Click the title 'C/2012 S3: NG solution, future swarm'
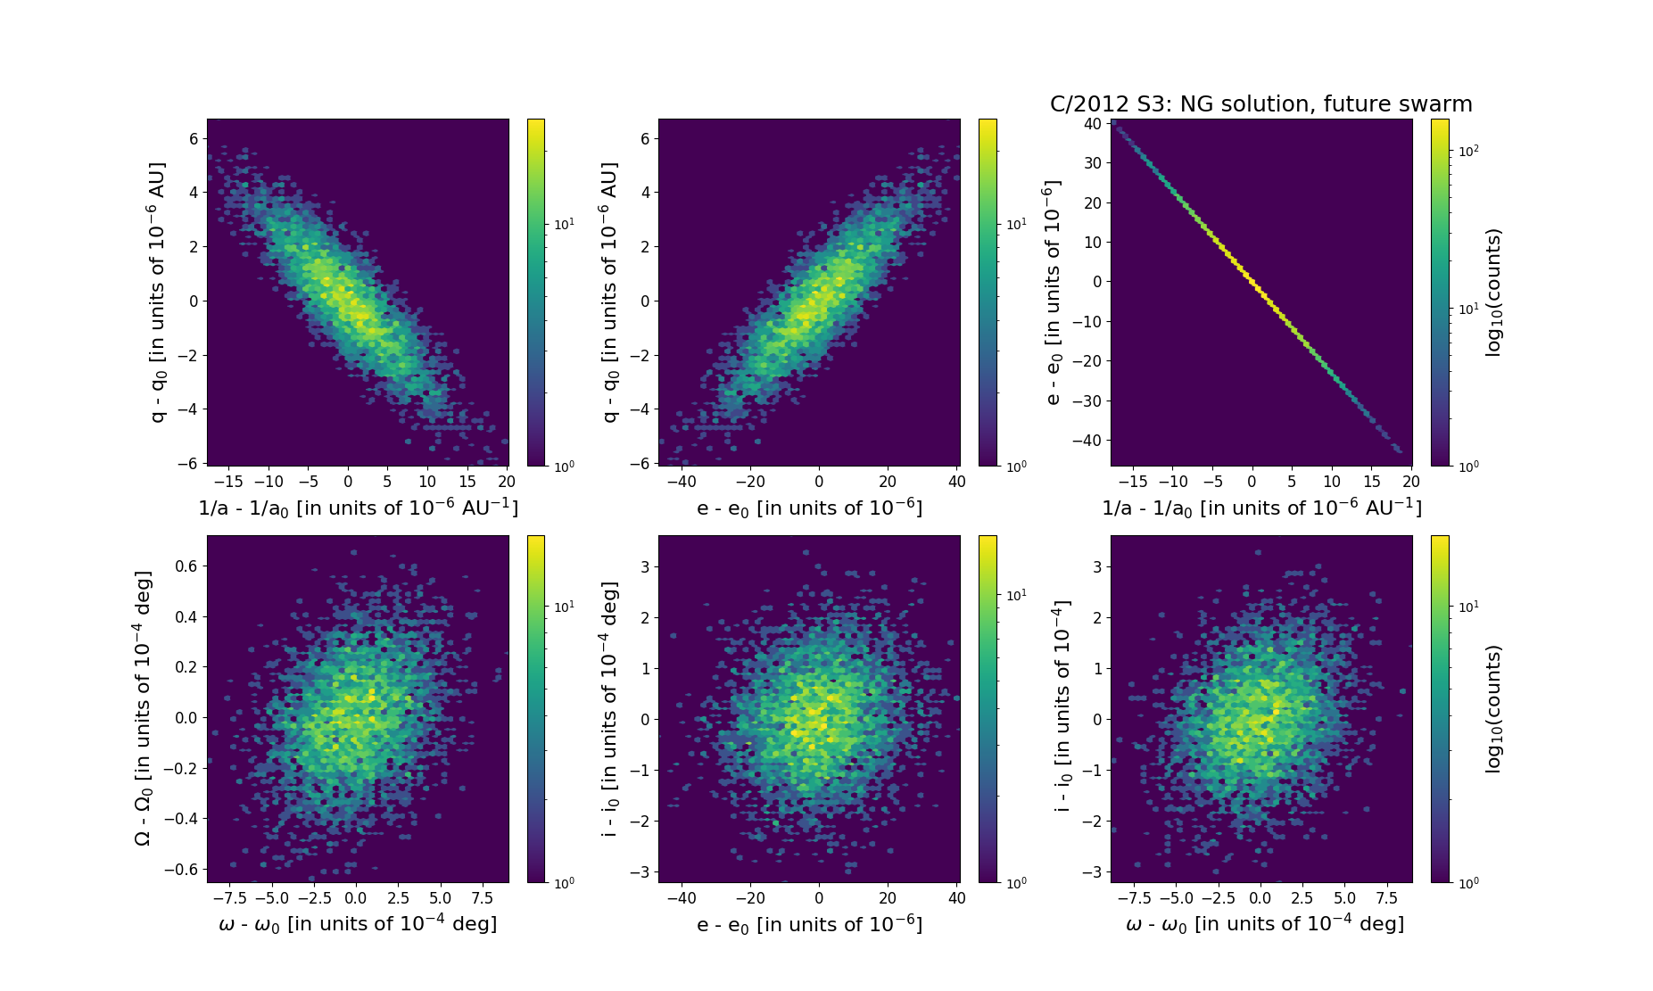(x=1260, y=104)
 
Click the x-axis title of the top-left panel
(x=358, y=508)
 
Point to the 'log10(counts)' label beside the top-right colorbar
(x=1494, y=293)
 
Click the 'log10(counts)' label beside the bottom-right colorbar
(x=1494, y=708)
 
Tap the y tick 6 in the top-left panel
(x=194, y=138)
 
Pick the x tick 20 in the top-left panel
(x=506, y=482)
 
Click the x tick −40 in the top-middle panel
(x=682, y=482)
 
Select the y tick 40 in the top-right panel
(x=1092, y=123)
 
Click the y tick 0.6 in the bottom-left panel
(x=187, y=566)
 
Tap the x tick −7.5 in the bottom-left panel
(x=231, y=898)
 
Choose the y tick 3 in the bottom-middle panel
(x=645, y=567)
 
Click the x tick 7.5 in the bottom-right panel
(x=1386, y=898)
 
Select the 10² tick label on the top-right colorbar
(x=1468, y=151)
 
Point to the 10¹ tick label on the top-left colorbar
(x=564, y=224)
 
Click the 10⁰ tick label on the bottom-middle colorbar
(x=1016, y=883)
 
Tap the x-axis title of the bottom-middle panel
(x=809, y=924)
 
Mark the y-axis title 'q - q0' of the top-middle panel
(x=610, y=293)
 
